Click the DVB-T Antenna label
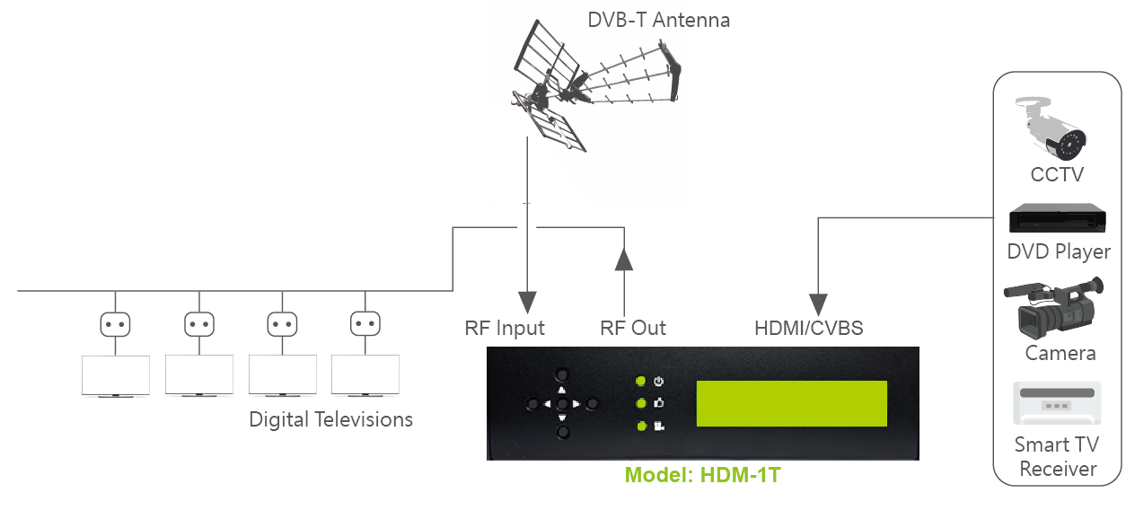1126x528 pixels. click(x=658, y=20)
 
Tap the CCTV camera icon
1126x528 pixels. click(x=1051, y=128)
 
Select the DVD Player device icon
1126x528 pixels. click(x=1057, y=217)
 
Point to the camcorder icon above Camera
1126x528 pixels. click(x=1053, y=308)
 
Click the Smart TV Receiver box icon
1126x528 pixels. click(x=1057, y=403)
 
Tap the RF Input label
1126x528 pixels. click(x=505, y=329)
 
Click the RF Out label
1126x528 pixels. click(x=632, y=328)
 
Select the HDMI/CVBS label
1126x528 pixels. click(x=808, y=328)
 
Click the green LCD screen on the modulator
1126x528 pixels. click(x=791, y=403)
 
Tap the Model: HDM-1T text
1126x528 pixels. click(x=702, y=475)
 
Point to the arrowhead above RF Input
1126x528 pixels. click(x=527, y=303)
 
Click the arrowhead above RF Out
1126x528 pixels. click(x=624, y=259)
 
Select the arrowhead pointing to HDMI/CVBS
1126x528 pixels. click(x=818, y=305)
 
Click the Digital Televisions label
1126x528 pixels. click(x=330, y=419)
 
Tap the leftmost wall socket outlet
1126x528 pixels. click(x=115, y=324)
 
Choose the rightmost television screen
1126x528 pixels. click(x=365, y=374)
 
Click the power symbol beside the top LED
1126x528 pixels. click(x=658, y=381)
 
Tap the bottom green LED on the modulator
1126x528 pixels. click(x=641, y=427)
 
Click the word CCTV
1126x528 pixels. click(x=1057, y=174)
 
